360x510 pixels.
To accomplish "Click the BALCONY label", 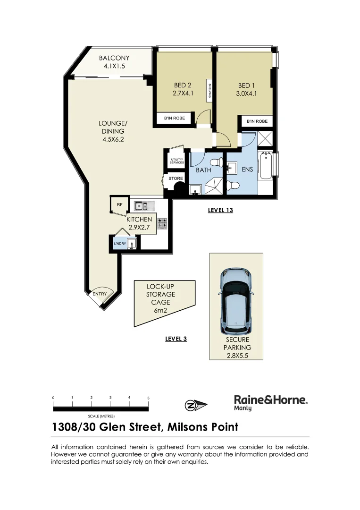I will [114, 58].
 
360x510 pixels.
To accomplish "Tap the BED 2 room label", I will [182, 85].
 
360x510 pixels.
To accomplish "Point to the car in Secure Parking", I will [236, 301].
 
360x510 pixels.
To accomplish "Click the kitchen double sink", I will [141, 206].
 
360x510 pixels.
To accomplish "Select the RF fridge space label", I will [120, 205].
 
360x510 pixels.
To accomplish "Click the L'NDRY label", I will [120, 244].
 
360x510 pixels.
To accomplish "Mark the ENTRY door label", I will [100, 294].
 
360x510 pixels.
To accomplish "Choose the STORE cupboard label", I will [176, 178].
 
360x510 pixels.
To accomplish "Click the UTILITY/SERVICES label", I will [177, 161].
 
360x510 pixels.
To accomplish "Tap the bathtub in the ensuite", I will [266, 166].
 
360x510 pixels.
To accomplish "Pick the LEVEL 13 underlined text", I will [220, 210].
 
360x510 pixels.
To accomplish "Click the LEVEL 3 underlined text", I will [176, 339].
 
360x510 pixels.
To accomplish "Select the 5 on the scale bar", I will [148, 398].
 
